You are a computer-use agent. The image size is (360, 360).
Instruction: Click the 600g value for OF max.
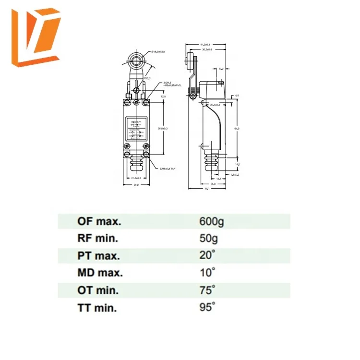coord(211,221)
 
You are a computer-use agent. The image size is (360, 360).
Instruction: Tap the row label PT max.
coord(99,255)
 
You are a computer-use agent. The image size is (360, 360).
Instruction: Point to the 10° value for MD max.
coord(207,272)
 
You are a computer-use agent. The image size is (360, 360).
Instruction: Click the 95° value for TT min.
coord(207,307)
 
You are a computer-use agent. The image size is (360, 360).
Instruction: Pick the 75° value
coord(207,289)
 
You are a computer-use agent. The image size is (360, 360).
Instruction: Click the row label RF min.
coord(98,238)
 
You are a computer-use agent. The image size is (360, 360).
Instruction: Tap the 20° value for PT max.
coord(207,255)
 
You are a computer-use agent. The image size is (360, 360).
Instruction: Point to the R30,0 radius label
coord(147,77)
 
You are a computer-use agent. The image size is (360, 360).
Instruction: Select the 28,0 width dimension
coord(136,185)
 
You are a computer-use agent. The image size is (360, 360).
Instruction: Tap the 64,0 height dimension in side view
coord(236,128)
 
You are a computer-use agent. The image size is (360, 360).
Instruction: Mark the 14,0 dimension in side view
coord(237,164)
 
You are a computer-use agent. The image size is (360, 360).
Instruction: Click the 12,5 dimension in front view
coord(163,96)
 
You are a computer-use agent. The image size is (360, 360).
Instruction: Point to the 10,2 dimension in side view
coord(221,69)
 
